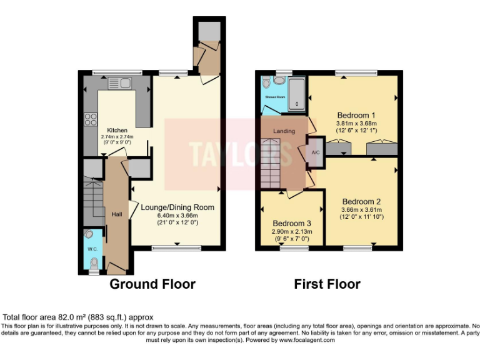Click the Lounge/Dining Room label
pyautogui.click(x=177, y=207)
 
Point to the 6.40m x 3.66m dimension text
pyautogui.click(x=177, y=215)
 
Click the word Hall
pyautogui.click(x=117, y=214)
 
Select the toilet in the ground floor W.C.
pyautogui.click(x=94, y=268)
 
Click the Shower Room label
pyautogui.click(x=275, y=97)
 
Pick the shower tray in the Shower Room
pyautogui.click(x=296, y=92)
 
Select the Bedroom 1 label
pyautogui.click(x=356, y=116)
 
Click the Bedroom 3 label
pyautogui.click(x=291, y=223)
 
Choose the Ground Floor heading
pyautogui.click(x=152, y=284)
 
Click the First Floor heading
pyautogui.click(x=327, y=284)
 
